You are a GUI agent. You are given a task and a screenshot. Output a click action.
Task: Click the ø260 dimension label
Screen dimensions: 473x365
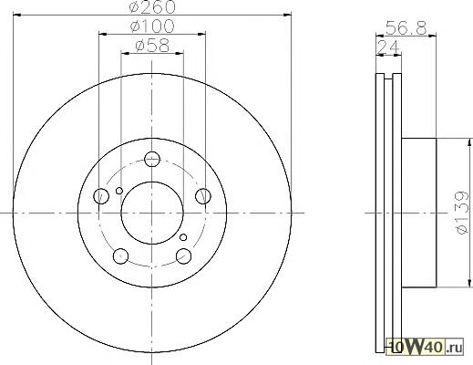point(152,6)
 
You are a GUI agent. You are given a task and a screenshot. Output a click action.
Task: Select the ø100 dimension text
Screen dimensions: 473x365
point(152,26)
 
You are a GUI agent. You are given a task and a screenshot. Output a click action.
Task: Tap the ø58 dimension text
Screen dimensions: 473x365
point(152,46)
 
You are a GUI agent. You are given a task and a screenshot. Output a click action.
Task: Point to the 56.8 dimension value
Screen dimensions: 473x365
point(406,28)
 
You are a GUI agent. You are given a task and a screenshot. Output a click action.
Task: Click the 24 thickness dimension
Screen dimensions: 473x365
point(388,47)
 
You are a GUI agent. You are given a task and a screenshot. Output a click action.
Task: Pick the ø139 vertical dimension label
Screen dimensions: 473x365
point(462,213)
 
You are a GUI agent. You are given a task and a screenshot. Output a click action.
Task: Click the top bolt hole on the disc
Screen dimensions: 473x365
point(152,159)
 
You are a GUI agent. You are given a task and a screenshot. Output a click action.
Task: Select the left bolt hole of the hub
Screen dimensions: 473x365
point(101,196)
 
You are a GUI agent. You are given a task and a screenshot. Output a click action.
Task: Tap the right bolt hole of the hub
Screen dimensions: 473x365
point(203,196)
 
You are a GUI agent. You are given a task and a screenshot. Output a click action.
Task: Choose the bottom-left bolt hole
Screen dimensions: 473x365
point(120,256)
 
